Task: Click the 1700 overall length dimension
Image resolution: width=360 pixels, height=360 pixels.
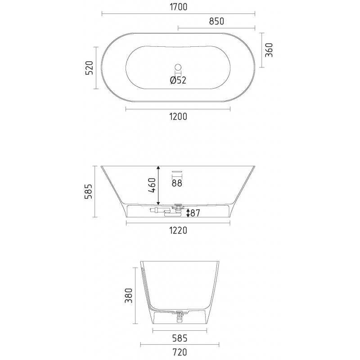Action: tap(178, 7)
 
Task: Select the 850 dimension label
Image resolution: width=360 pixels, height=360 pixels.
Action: tap(216, 21)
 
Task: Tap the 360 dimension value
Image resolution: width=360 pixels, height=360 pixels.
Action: tap(269, 50)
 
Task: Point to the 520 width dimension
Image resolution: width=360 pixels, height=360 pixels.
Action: tap(89, 68)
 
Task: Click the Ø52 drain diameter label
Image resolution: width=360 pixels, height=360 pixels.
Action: tap(178, 80)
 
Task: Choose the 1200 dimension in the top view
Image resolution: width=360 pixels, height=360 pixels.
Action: tap(178, 117)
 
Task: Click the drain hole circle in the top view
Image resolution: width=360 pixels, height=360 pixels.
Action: tap(178, 67)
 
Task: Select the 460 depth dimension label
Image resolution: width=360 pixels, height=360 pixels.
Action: tap(152, 185)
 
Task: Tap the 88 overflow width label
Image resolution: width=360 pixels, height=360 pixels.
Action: tap(177, 183)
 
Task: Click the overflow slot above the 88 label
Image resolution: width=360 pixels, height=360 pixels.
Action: tap(177, 171)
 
